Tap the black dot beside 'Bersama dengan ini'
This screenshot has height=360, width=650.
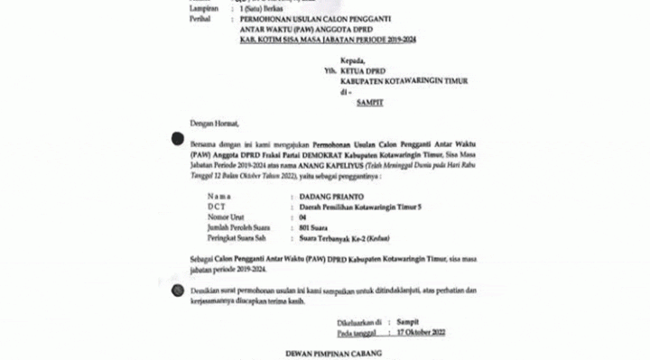click(177, 138)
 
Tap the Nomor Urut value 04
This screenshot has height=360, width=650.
click(302, 218)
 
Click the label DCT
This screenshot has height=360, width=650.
click(216, 208)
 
